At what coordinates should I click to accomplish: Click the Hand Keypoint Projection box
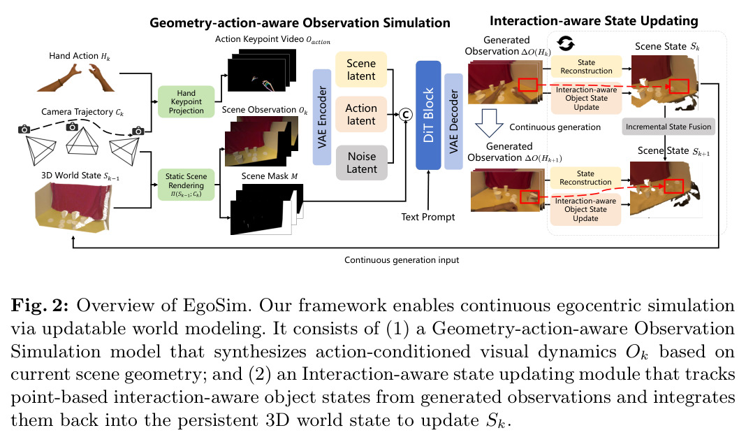(x=186, y=102)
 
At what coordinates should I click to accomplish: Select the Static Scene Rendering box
(x=186, y=185)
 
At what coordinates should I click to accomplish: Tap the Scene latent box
(x=361, y=69)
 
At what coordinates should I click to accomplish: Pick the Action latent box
(x=361, y=114)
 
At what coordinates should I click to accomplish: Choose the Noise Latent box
(x=362, y=162)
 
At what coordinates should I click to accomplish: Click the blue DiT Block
(x=428, y=115)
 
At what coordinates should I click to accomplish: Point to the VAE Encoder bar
(x=322, y=117)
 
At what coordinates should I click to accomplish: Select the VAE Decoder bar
(x=453, y=122)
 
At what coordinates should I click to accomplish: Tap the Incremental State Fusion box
(x=668, y=127)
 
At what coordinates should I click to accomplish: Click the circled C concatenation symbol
(x=405, y=115)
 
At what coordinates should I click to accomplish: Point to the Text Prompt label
(x=427, y=218)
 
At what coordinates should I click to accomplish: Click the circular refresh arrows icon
(x=566, y=43)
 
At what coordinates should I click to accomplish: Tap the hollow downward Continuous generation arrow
(x=489, y=123)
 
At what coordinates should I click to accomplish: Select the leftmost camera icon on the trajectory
(x=24, y=129)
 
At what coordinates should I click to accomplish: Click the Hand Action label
(x=80, y=56)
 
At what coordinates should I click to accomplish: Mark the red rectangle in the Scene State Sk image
(x=679, y=86)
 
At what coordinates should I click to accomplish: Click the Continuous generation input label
(x=402, y=260)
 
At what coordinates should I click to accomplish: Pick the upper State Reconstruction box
(x=586, y=66)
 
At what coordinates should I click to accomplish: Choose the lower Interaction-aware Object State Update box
(x=585, y=210)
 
